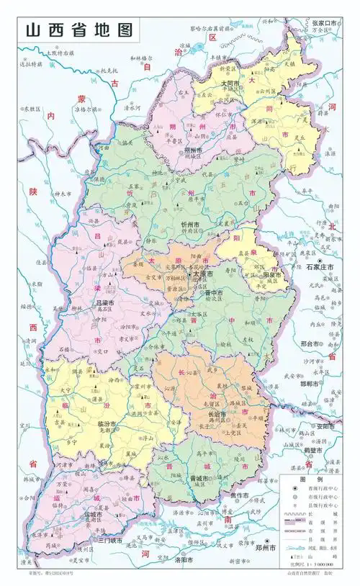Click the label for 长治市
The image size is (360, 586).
pyautogui.click(x=217, y=415)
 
